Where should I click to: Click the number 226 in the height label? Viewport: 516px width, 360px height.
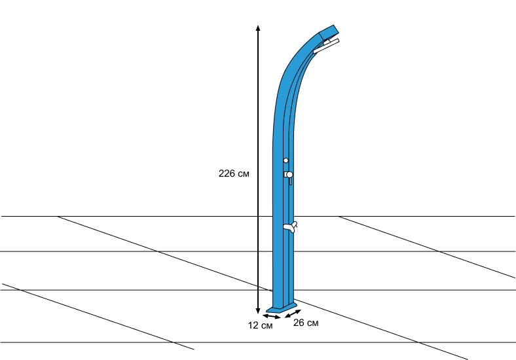[x=226, y=173]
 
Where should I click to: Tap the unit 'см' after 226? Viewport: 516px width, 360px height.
[x=243, y=174]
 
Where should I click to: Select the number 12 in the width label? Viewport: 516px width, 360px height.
[x=253, y=325]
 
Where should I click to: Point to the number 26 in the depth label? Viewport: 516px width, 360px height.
[x=299, y=323]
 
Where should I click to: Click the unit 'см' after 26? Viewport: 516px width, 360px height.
[x=312, y=323]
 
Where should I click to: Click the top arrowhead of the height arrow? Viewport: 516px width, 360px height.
[x=258, y=27]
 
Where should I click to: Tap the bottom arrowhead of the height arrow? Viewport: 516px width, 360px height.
[x=258, y=311]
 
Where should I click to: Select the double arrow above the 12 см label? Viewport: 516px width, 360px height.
[x=272, y=317]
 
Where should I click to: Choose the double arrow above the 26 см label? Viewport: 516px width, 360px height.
[x=293, y=314]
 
